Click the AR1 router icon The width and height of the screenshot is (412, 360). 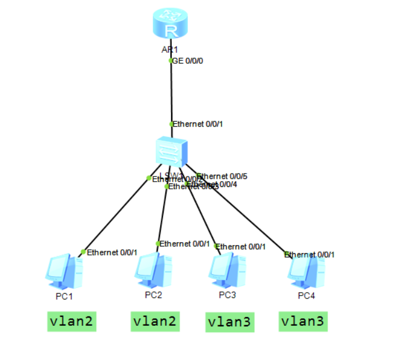pyautogui.click(x=171, y=26)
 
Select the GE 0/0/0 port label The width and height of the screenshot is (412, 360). pyautogui.click(x=188, y=60)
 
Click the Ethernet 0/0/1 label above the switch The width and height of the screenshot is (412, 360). pyautogui.click(x=198, y=124)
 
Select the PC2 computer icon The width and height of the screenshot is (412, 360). pyautogui.click(x=153, y=271)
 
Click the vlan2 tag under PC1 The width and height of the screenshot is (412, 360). pyautogui.click(x=71, y=321)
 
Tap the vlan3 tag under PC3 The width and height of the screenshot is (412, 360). pyautogui.click(x=229, y=322)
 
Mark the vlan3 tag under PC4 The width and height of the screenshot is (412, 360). pyautogui.click(x=302, y=321)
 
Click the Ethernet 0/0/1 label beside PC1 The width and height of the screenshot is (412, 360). pyautogui.click(x=112, y=253)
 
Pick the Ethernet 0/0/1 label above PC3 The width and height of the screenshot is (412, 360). pyautogui.click(x=240, y=247)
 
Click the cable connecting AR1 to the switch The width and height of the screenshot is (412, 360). pyautogui.click(x=171, y=93)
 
